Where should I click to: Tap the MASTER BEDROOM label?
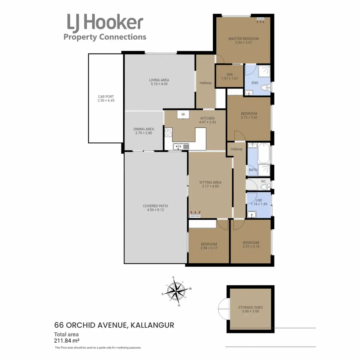click(x=243, y=39)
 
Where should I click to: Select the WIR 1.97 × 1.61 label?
click(x=229, y=76)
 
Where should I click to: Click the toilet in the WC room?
click(x=264, y=187)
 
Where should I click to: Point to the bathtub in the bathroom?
click(x=264, y=154)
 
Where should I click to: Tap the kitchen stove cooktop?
click(x=168, y=132)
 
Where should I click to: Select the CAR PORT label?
click(x=106, y=97)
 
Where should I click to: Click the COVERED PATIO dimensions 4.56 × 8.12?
click(x=155, y=210)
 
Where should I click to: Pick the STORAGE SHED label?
click(x=250, y=307)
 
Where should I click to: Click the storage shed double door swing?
click(x=223, y=309)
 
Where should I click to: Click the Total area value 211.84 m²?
click(x=67, y=340)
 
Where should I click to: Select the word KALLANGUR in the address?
click(x=152, y=325)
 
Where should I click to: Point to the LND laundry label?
click(x=259, y=200)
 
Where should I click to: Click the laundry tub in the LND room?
click(x=251, y=214)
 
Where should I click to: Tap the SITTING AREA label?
click(x=210, y=182)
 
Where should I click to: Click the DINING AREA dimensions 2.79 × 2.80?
click(x=144, y=133)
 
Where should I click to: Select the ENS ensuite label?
click(x=255, y=83)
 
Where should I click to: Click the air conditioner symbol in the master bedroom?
click(x=260, y=20)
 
